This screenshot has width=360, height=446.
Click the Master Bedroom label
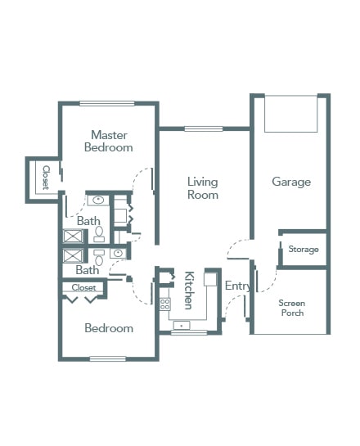pyautogui.click(x=109, y=141)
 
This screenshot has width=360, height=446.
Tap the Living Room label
pyautogui.click(x=203, y=188)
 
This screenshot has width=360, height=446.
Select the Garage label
pyautogui.click(x=291, y=182)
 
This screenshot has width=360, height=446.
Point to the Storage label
pyautogui.click(x=304, y=249)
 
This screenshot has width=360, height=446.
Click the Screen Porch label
pyautogui.click(x=292, y=308)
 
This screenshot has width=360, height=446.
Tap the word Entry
pyautogui.click(x=238, y=286)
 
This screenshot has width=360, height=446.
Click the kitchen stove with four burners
pyautogui.click(x=165, y=304)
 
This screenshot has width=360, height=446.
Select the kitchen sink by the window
pyautogui.click(x=182, y=325)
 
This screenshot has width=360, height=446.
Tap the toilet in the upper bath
pyautogui.click(x=99, y=234)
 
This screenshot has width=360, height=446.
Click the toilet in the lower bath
pyautogui.click(x=99, y=258)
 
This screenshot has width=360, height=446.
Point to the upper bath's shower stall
pyautogui.click(x=73, y=236)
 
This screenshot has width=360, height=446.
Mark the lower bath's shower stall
pyautogui.click(x=73, y=255)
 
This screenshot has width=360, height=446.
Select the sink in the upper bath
pyautogui.click(x=98, y=200)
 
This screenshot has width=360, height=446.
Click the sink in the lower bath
pyautogui.click(x=118, y=253)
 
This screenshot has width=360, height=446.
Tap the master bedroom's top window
pyautogui.click(x=107, y=104)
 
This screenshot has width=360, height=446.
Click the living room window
pyautogui.click(x=203, y=128)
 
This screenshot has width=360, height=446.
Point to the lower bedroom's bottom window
pyautogui.click(x=108, y=358)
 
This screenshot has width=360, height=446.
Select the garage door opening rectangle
pyautogui.click(x=291, y=114)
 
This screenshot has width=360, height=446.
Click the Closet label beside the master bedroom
pyautogui.click(x=46, y=178)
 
